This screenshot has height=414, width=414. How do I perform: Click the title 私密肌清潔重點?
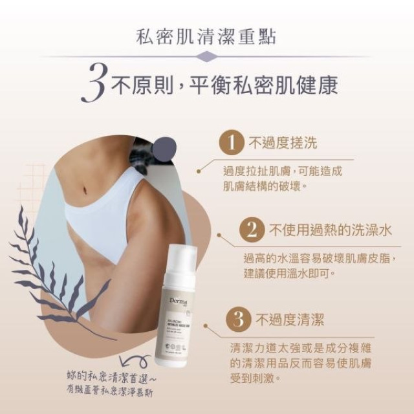[x=206, y=35]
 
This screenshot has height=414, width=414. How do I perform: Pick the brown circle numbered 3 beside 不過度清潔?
[x=238, y=319]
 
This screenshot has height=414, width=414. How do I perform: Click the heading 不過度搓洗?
[x=279, y=142]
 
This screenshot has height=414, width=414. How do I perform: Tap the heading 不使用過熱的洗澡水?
[x=331, y=230]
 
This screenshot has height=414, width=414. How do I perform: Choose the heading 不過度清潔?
[x=289, y=319]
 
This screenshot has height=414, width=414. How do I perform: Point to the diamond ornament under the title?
[x=206, y=58]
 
